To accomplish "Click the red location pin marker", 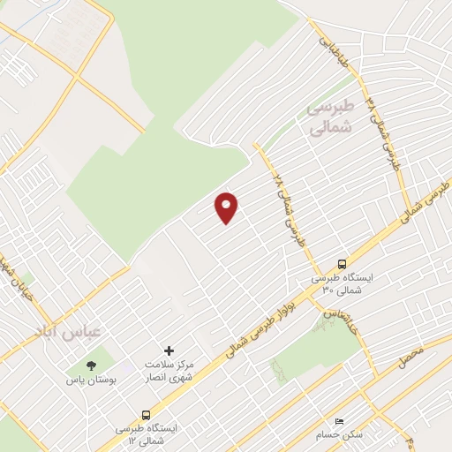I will [227, 207].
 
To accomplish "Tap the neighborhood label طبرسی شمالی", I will [329, 117].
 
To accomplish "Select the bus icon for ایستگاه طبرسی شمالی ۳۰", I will [342, 263].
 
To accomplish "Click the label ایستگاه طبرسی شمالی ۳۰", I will [342, 282].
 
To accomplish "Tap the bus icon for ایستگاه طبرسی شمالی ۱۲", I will [146, 414].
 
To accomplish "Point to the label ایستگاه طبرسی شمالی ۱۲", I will [146, 433].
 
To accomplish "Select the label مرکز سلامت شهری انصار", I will [169, 371].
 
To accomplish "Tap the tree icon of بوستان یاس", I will [91, 365].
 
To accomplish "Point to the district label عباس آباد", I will [68, 332].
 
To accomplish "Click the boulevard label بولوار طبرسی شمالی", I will [264, 323].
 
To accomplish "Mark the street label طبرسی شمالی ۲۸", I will [288, 208].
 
